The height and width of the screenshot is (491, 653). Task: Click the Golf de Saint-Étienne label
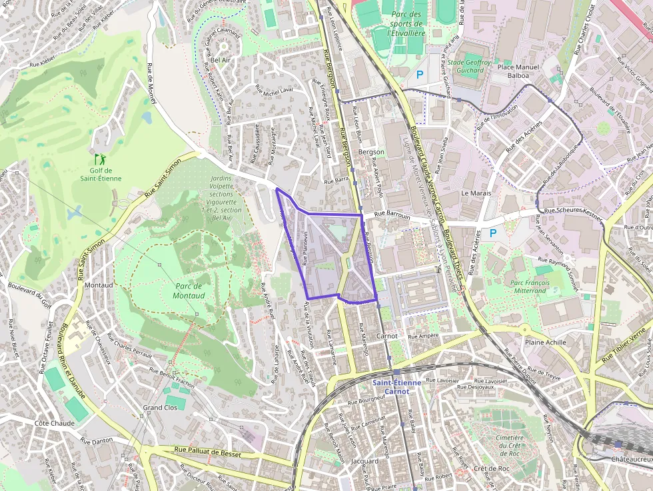pos(101,174)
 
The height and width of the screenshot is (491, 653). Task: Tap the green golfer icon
pos(100,159)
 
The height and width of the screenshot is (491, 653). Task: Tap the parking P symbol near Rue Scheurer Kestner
pos(493,233)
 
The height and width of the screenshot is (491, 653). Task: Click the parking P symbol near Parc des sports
pos(419,75)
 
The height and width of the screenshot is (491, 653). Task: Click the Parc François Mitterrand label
pos(530,286)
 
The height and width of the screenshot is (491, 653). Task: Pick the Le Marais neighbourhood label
pos(476,193)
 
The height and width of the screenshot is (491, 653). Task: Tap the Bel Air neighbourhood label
pos(220,60)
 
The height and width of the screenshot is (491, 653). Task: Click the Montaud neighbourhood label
pos(99,285)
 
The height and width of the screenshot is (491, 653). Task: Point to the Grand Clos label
pos(161,407)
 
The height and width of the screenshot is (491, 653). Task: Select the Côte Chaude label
pos(55,423)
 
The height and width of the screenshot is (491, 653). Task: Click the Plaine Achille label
pos(545,342)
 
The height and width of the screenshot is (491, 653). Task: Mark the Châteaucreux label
pos(630,460)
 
